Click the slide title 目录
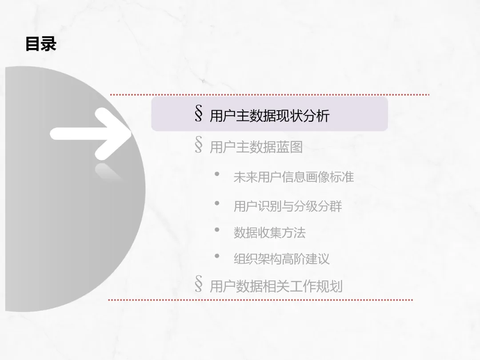click(41, 44)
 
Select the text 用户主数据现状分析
click(269, 116)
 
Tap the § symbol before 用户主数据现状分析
click(199, 115)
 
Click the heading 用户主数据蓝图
click(256, 147)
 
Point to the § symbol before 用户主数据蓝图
click(199, 145)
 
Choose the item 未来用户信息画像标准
click(293, 177)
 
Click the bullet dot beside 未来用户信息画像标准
click(217, 174)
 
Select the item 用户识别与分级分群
click(288, 206)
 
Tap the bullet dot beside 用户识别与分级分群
click(217, 203)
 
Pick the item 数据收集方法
click(269, 232)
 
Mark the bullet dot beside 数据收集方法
click(217, 230)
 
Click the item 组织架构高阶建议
click(281, 259)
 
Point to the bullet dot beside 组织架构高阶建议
click(217, 256)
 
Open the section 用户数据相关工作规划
click(276, 286)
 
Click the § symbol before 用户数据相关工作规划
click(199, 284)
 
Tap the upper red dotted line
click(269, 95)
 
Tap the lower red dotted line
click(260, 300)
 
